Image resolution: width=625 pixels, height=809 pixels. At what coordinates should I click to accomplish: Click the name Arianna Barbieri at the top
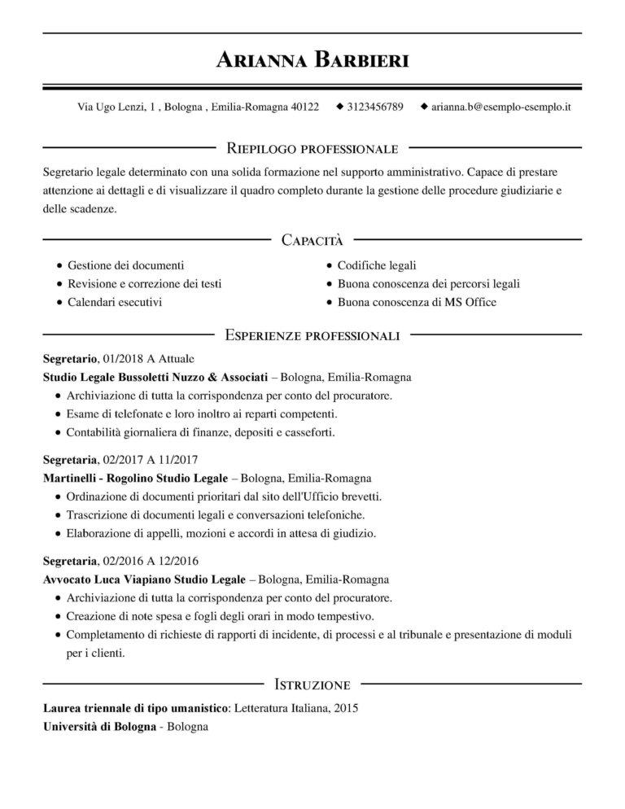pyautogui.click(x=312, y=59)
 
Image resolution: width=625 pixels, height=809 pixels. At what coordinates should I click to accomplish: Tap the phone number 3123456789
pyautogui.click(x=374, y=107)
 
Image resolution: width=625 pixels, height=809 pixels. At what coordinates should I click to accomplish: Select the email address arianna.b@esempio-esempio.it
pyautogui.click(x=500, y=107)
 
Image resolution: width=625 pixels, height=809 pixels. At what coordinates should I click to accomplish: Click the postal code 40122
pyautogui.click(x=305, y=107)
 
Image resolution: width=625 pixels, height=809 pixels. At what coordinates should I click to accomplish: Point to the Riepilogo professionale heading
pyautogui.click(x=312, y=148)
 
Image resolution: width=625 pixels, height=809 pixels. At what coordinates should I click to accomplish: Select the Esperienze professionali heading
pyautogui.click(x=312, y=335)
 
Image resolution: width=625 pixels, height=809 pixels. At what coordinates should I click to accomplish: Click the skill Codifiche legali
pyautogui.click(x=377, y=265)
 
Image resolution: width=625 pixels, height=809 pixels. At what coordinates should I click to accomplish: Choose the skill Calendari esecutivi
pyautogui.click(x=115, y=302)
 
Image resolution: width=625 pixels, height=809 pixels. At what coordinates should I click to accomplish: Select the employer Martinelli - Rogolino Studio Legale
pyautogui.click(x=136, y=478)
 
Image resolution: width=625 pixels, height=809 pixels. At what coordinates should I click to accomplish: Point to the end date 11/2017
pyautogui.click(x=178, y=459)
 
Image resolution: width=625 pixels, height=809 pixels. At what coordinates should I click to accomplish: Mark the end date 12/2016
pyautogui.click(x=178, y=561)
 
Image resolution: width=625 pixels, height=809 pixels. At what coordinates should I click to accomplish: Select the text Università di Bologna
pyautogui.click(x=98, y=726)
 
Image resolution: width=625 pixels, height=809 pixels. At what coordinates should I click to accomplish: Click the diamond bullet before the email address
pyautogui.click(x=423, y=107)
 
